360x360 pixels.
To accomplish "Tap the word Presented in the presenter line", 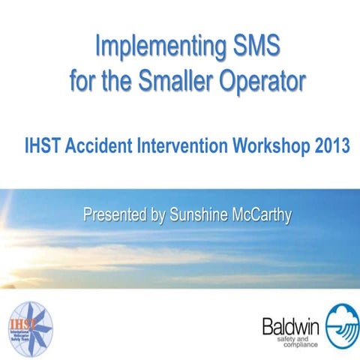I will tap(115, 214).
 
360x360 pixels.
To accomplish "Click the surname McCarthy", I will tap(262, 214).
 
